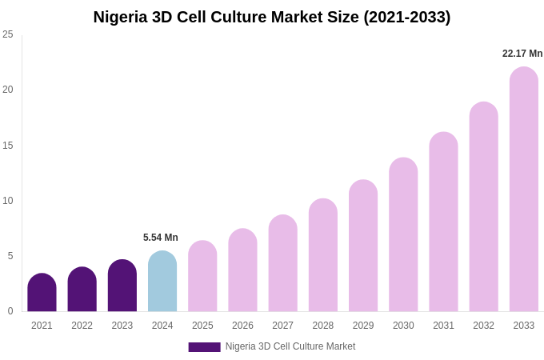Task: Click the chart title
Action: click(272, 17)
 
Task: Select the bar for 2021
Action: click(42, 293)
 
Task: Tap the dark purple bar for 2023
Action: click(122, 286)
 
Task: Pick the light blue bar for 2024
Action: click(162, 282)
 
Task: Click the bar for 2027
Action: click(282, 263)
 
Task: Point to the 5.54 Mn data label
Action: click(161, 238)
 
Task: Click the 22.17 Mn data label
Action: click(522, 54)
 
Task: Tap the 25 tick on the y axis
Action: click(8, 34)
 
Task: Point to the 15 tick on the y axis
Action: click(8, 146)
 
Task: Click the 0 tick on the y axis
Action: click(10, 311)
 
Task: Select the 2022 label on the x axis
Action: click(82, 326)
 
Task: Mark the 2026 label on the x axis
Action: click(242, 326)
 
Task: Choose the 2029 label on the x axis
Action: click(363, 326)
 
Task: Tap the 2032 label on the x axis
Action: click(483, 326)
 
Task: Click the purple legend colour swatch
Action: click(204, 347)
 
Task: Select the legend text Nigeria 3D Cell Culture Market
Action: click(290, 346)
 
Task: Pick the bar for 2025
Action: click(202, 276)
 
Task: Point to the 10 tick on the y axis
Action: click(8, 201)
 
